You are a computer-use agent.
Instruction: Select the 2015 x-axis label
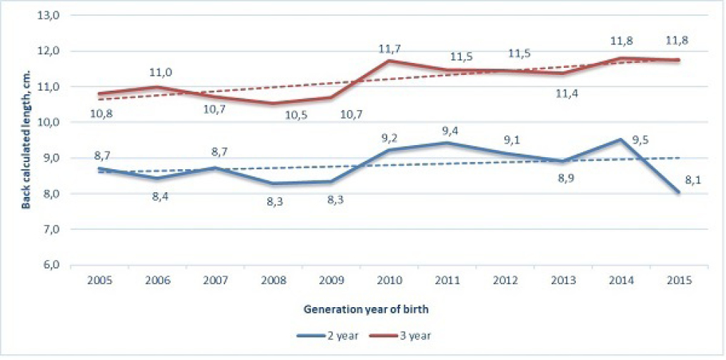[677, 280]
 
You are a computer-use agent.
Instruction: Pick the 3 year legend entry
[408, 334]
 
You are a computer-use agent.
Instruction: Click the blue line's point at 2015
[677, 191]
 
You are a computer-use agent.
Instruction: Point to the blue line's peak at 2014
[620, 139]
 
